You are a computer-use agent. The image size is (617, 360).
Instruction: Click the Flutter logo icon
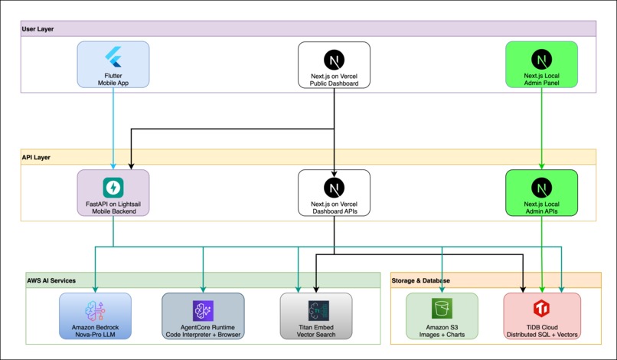[x=113, y=58]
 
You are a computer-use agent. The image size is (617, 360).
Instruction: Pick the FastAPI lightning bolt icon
[x=113, y=187]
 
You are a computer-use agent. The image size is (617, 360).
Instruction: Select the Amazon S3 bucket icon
[x=442, y=309]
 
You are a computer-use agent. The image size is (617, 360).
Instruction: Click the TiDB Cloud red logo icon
[x=542, y=309]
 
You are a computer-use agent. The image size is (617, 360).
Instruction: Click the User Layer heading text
[x=38, y=28]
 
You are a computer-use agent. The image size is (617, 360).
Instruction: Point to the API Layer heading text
[x=37, y=156]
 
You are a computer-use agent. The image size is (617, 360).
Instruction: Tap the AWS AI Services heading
[x=51, y=280]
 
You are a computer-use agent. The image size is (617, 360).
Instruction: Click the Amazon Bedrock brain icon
[x=95, y=309]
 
